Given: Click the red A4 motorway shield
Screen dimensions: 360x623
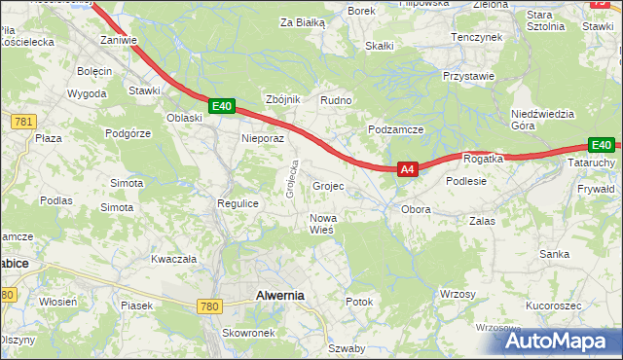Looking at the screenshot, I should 408,169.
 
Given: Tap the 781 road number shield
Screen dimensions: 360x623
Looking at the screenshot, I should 23,121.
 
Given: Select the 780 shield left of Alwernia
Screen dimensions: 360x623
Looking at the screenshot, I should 209,306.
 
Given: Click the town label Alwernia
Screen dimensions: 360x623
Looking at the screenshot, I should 279,295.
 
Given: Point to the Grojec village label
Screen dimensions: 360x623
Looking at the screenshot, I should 328,186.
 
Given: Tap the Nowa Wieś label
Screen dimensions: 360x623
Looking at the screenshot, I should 322,224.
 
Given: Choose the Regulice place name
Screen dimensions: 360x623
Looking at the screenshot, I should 237,203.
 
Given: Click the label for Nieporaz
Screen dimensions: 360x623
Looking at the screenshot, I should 263,138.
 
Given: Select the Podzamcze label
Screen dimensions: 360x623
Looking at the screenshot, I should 395,129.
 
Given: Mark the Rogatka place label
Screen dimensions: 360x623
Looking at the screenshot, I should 483,159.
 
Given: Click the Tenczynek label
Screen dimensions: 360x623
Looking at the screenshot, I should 476,36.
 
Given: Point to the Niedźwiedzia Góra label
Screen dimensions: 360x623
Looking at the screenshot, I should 537,120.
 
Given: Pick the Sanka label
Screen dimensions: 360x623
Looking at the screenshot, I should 555,254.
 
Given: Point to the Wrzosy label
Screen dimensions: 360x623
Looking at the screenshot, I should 458,294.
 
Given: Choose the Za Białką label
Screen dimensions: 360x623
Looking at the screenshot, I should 302,21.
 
